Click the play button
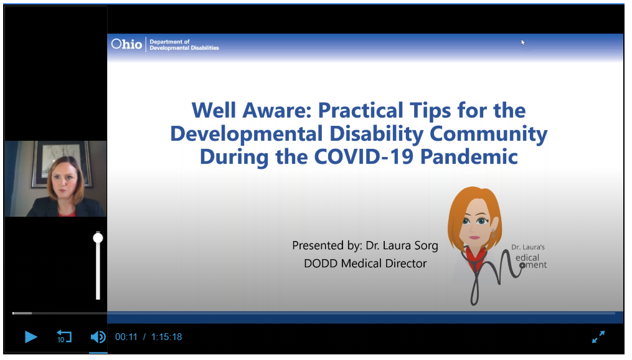point(31,336)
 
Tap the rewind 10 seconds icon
point(64,336)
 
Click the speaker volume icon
point(98,336)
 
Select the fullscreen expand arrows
point(598,336)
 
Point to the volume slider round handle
point(98,238)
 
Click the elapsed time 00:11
point(126,337)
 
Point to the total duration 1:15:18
point(166,337)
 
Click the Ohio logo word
point(126,44)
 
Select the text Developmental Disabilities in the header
point(184,48)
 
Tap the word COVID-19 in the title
point(364,156)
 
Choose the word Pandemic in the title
point(469,156)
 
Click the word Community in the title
point(489,134)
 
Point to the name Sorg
point(426,246)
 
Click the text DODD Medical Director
point(365,263)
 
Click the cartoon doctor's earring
point(493,234)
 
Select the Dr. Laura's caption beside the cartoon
point(528,247)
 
